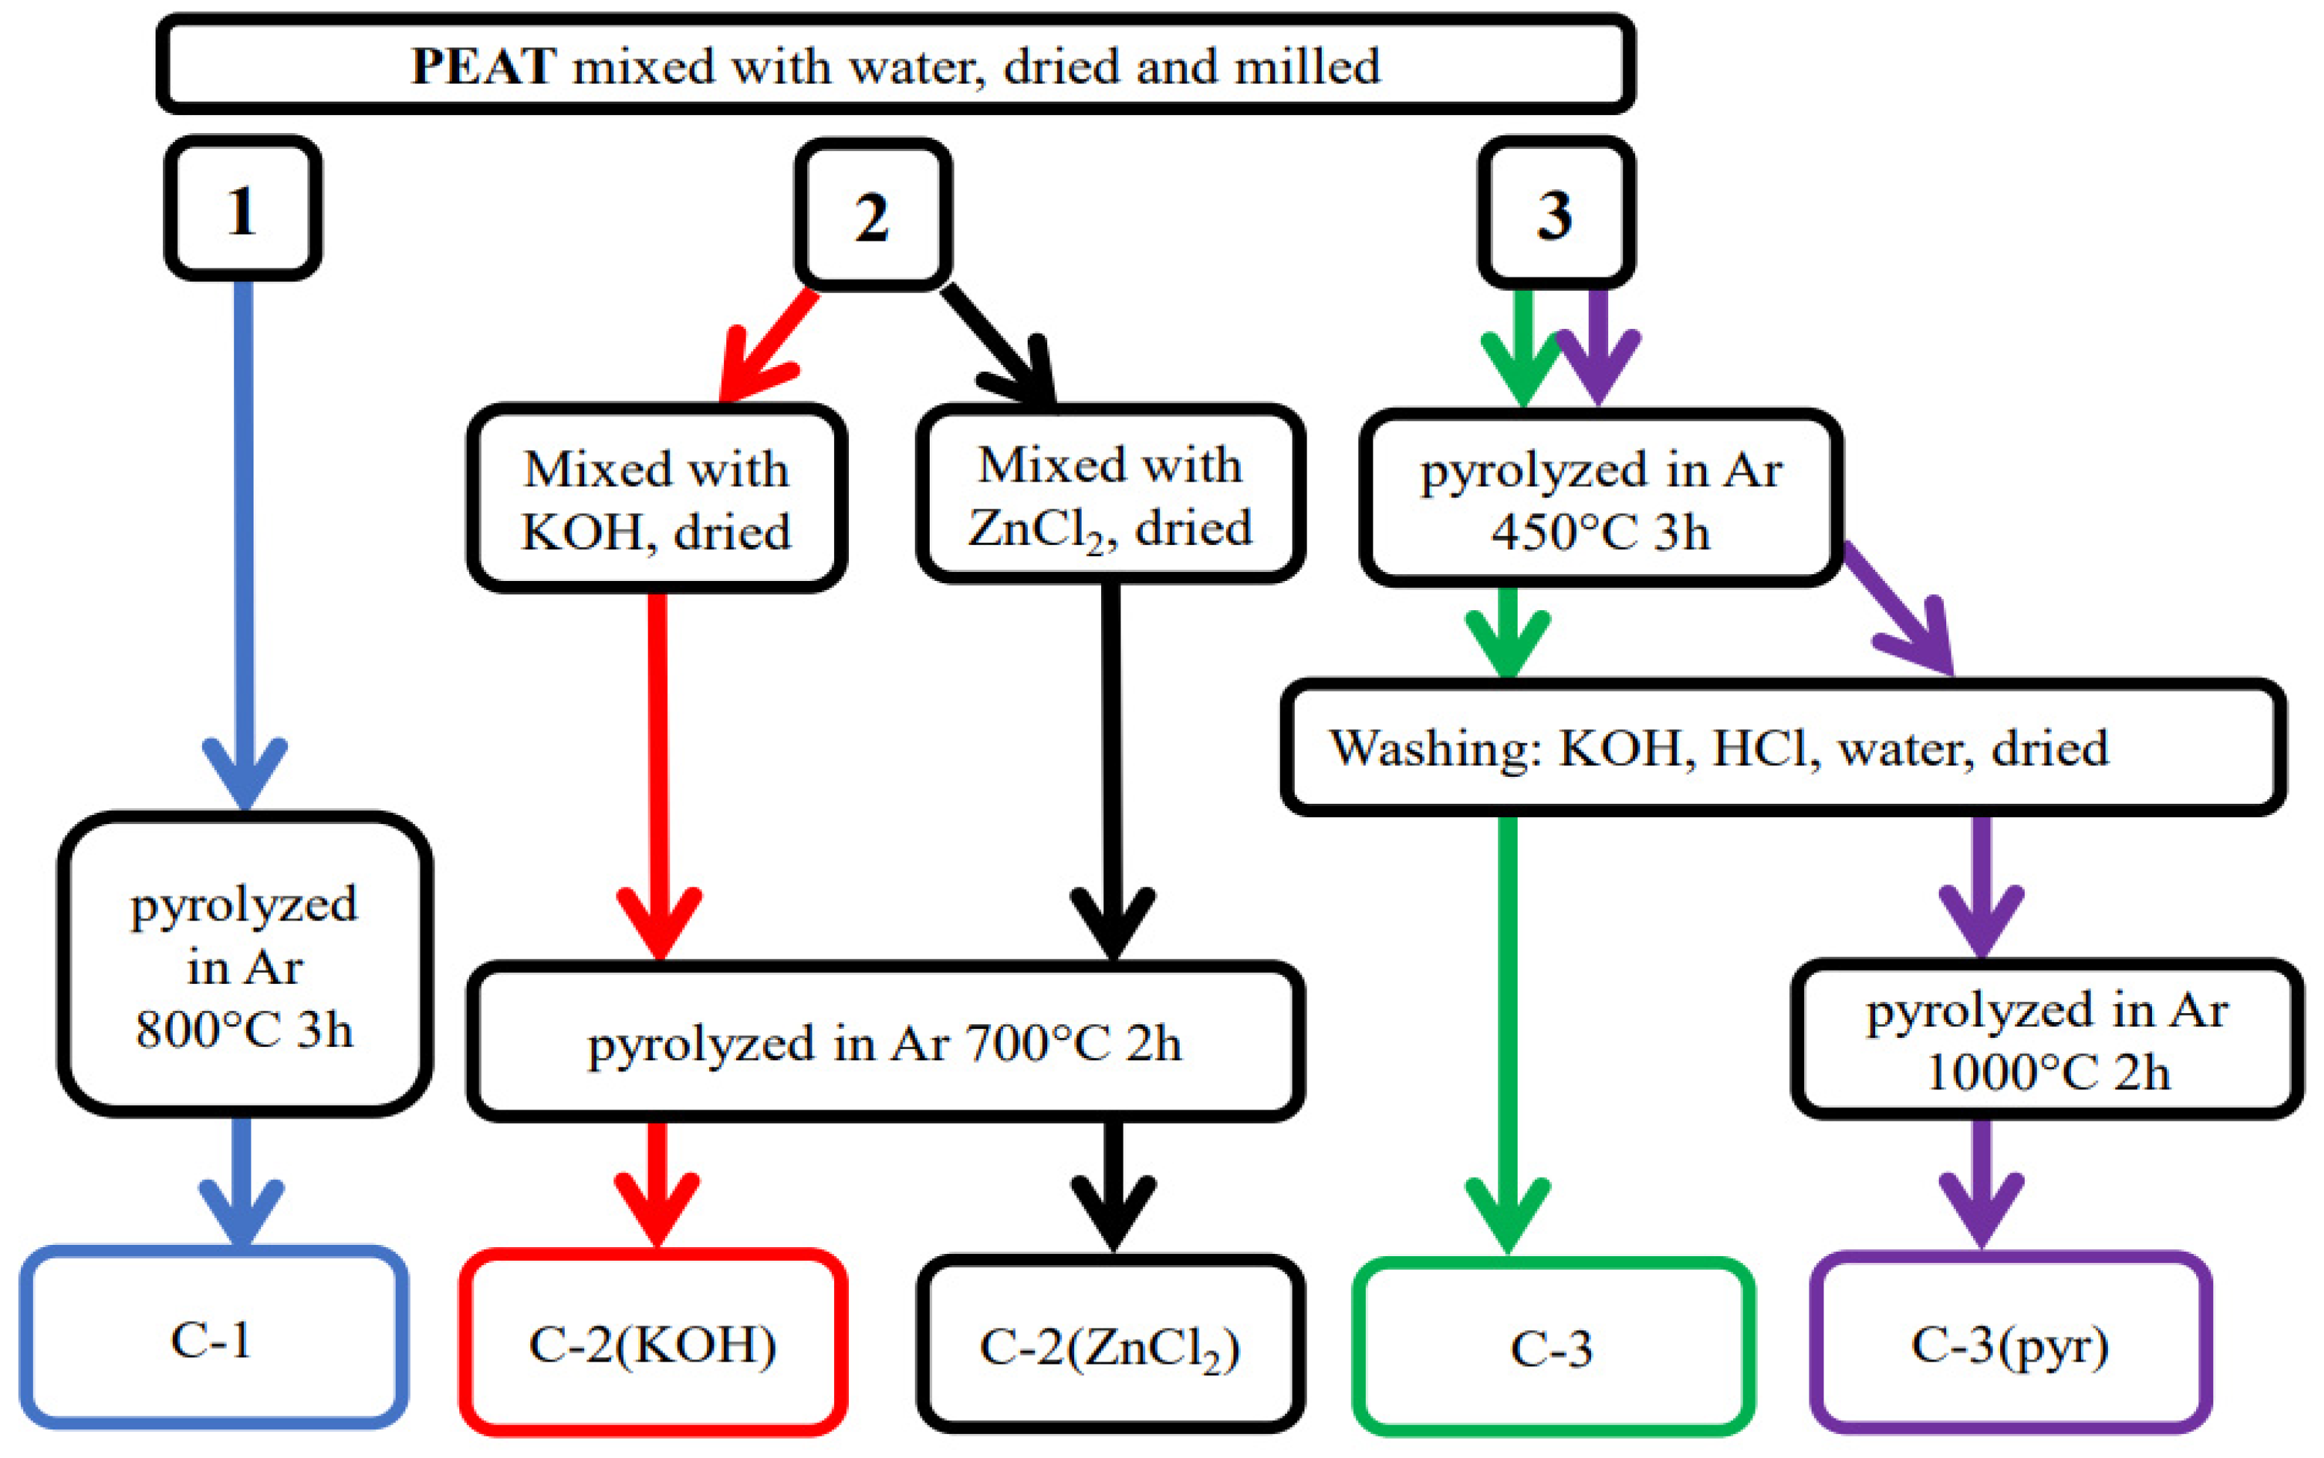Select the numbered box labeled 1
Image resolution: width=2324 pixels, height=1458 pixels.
[x=242, y=209]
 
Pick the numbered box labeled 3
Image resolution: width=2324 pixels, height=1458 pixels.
[x=1555, y=213]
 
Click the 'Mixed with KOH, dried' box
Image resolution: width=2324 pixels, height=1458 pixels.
[x=656, y=499]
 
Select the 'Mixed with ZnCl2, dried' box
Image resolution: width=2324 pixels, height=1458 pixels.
[x=1109, y=496]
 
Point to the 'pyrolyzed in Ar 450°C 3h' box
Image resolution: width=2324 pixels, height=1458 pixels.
[x=1601, y=499]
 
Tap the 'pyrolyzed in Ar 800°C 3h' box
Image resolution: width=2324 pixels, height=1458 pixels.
[x=244, y=965]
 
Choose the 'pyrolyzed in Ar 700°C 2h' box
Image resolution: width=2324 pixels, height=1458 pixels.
[x=885, y=1042]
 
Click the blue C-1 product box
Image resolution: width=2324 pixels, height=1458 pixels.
[x=212, y=1338]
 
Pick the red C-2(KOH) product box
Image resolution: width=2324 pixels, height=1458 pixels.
[x=653, y=1344]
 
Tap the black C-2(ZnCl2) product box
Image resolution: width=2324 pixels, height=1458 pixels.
[x=1109, y=1346]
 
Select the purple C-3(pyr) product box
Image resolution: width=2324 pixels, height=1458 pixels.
[x=2011, y=1344]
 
